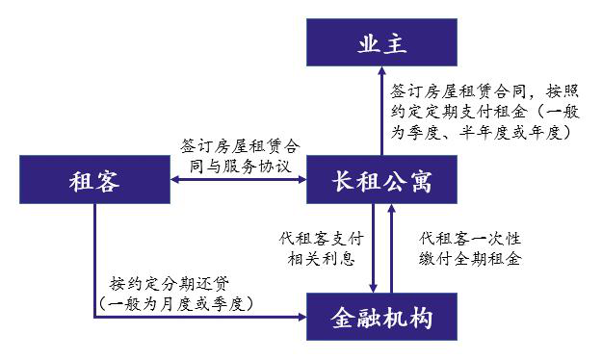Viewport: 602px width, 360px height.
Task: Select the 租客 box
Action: tap(94, 181)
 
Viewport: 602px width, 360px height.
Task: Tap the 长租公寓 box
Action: tap(382, 181)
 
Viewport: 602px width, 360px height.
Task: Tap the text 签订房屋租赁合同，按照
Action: tap(484, 92)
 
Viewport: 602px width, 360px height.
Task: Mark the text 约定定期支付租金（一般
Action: tap(484, 114)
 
